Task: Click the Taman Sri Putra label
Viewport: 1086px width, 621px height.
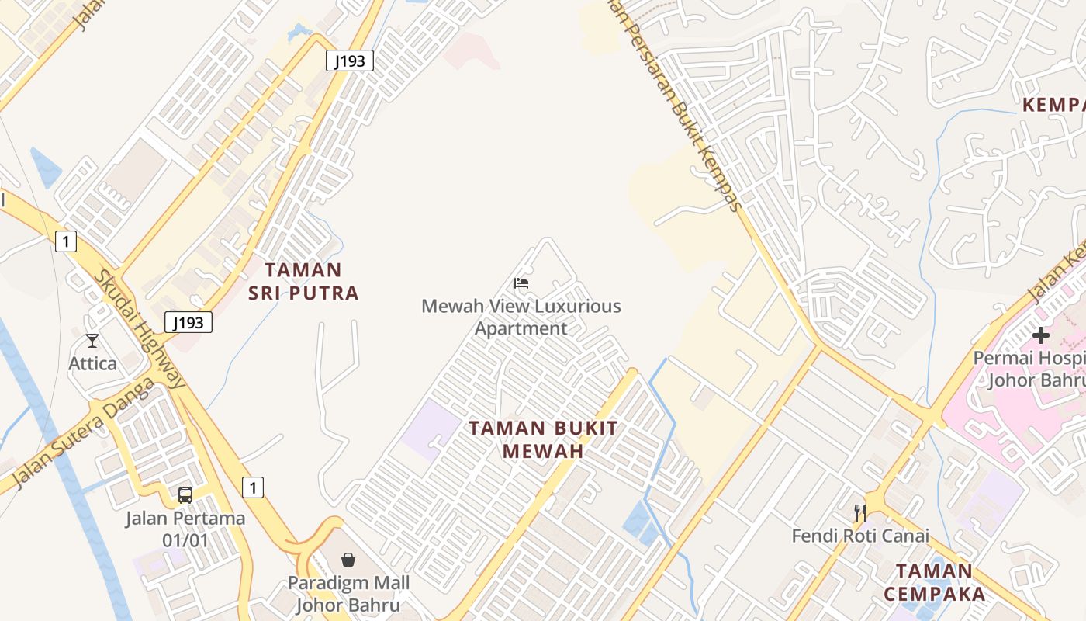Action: click(303, 281)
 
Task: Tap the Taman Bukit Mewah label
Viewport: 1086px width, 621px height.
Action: click(543, 439)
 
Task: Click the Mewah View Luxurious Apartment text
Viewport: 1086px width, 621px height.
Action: click(521, 317)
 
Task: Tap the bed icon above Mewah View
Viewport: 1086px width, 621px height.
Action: click(521, 283)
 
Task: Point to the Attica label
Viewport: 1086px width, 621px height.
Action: click(93, 363)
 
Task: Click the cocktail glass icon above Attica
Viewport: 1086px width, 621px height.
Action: click(92, 340)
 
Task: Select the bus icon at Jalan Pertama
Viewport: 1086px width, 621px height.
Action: click(185, 495)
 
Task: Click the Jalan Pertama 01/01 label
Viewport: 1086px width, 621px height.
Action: click(185, 529)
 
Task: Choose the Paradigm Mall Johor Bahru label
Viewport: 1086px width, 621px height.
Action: click(348, 594)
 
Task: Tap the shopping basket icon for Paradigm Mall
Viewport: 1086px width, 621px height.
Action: click(348, 560)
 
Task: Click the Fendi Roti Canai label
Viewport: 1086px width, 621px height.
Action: click(860, 536)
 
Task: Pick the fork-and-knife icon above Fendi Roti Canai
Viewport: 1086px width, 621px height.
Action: click(860, 512)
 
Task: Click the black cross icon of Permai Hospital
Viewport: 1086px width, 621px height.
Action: click(1041, 335)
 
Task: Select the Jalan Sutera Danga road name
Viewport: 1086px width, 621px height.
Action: click(74, 442)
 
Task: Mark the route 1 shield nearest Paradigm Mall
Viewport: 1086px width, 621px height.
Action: click(252, 487)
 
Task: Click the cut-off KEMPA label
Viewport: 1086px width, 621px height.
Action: click(1053, 105)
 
